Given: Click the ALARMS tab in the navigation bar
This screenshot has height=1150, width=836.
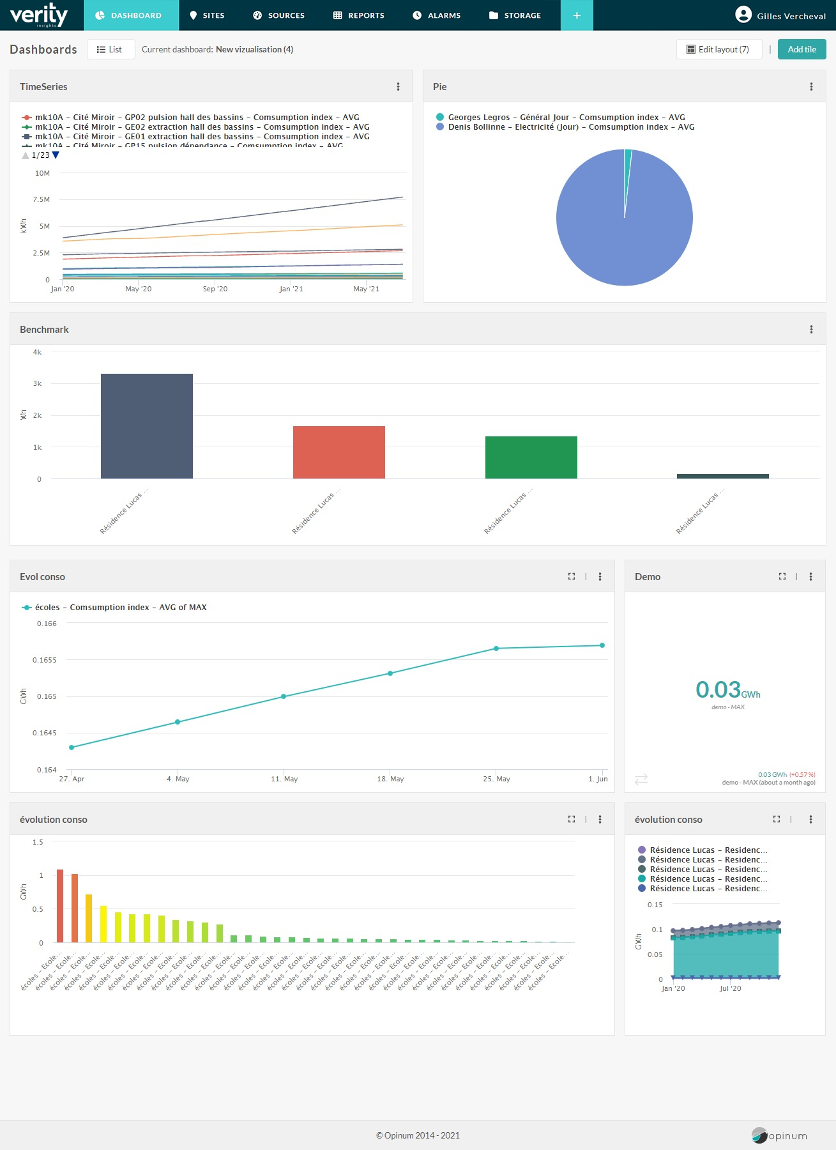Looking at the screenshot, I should [437, 15].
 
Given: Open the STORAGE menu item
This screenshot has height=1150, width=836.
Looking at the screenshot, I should [515, 15].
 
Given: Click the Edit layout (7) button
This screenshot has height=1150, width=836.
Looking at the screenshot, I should [718, 49].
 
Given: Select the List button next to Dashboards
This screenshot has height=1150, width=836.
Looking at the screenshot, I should [110, 49].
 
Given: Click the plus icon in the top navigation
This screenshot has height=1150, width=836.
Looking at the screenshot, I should [577, 15].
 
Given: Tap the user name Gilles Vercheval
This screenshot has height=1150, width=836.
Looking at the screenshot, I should [791, 16].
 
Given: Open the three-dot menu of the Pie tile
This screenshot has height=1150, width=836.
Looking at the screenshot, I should [811, 87].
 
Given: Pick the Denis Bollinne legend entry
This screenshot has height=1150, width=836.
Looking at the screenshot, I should [570, 127].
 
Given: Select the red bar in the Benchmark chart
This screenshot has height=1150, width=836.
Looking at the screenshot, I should [338, 452].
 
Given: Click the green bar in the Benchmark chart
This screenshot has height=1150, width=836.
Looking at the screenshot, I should [531, 457].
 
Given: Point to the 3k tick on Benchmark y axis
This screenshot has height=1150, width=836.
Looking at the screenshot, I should [37, 383].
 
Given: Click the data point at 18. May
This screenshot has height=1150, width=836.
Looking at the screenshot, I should [390, 673].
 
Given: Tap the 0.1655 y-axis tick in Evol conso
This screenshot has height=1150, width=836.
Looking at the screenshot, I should [45, 660].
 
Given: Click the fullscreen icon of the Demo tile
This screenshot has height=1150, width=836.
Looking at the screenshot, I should [782, 576].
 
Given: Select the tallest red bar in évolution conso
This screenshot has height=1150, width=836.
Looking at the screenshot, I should [60, 905].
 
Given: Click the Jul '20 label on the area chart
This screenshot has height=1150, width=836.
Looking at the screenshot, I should [730, 988].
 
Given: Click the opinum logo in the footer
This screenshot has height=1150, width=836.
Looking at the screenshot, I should [779, 1135].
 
